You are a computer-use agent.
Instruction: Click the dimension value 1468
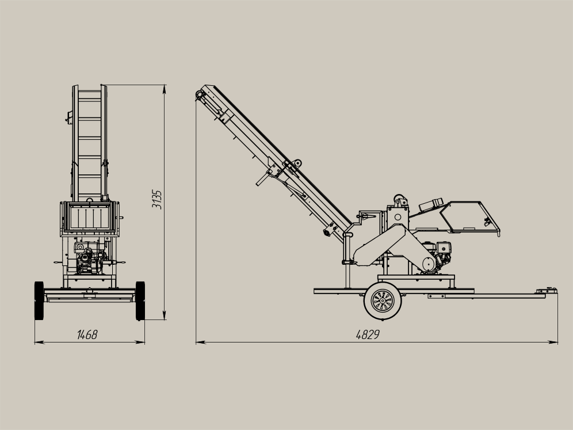click(x=87, y=334)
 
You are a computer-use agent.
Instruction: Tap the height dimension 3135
click(x=157, y=199)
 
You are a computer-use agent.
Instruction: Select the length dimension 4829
click(x=368, y=334)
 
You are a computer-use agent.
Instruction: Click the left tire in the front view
click(x=39, y=300)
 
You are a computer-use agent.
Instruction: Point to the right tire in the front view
click(x=140, y=300)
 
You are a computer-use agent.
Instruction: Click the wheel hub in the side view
click(x=383, y=300)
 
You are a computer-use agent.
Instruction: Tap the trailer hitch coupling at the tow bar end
click(x=547, y=291)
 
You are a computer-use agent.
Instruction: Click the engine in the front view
click(x=89, y=258)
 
